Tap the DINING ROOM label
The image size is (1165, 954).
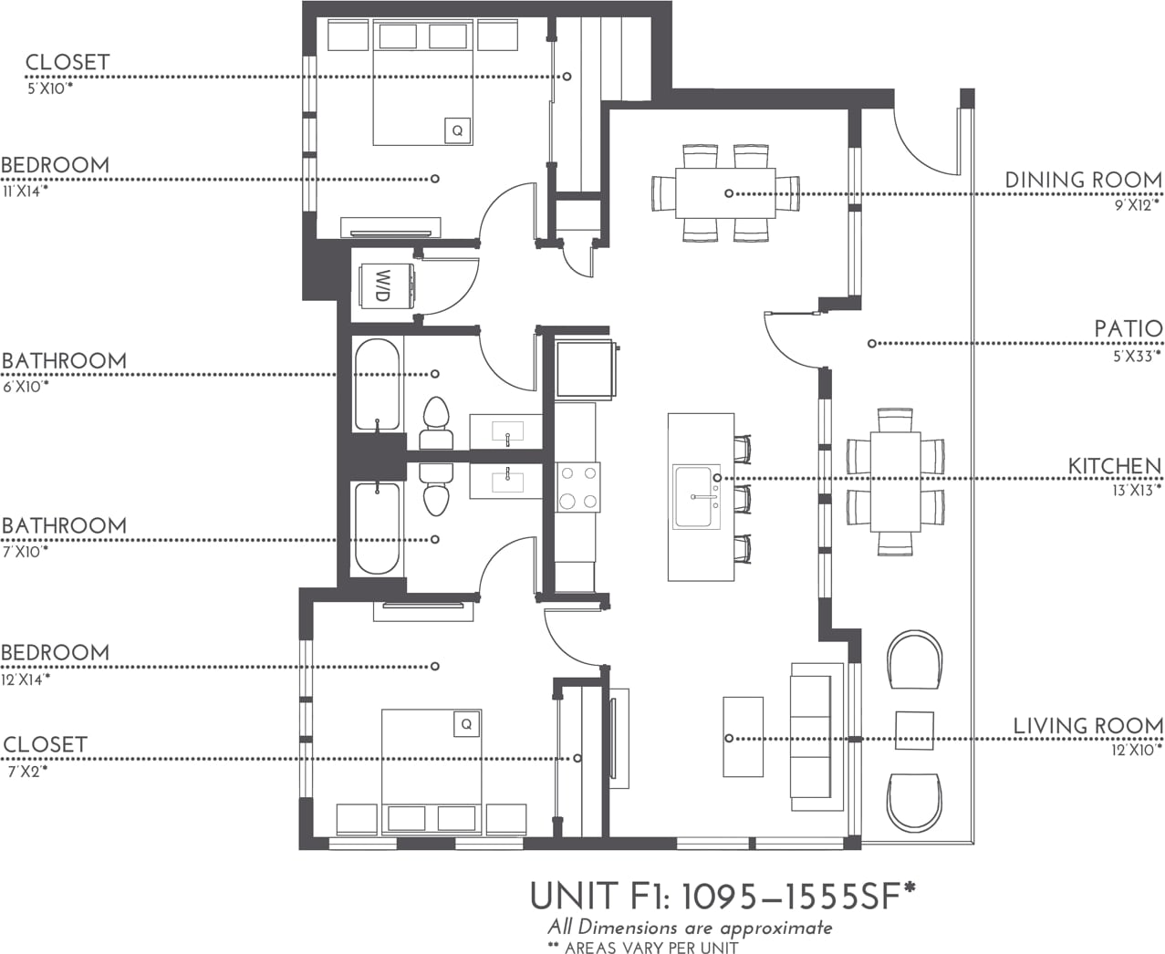click(1083, 180)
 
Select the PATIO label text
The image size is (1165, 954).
click(1129, 328)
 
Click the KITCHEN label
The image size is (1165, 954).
click(1115, 466)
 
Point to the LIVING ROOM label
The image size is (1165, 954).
click(1087, 726)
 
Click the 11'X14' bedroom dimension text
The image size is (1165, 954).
click(25, 192)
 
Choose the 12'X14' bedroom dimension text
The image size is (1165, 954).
click(26, 679)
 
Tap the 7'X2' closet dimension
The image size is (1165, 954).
click(26, 771)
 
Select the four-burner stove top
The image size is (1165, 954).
click(578, 487)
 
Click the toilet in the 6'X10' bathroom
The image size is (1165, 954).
click(436, 422)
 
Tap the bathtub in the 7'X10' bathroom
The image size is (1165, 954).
click(377, 529)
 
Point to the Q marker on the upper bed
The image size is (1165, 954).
click(457, 130)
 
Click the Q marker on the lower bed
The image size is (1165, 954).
click(466, 724)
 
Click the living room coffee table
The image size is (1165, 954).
click(743, 737)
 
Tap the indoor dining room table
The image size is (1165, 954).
click(725, 193)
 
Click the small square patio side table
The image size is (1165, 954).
click(914, 731)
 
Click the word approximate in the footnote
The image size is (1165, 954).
click(775, 928)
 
